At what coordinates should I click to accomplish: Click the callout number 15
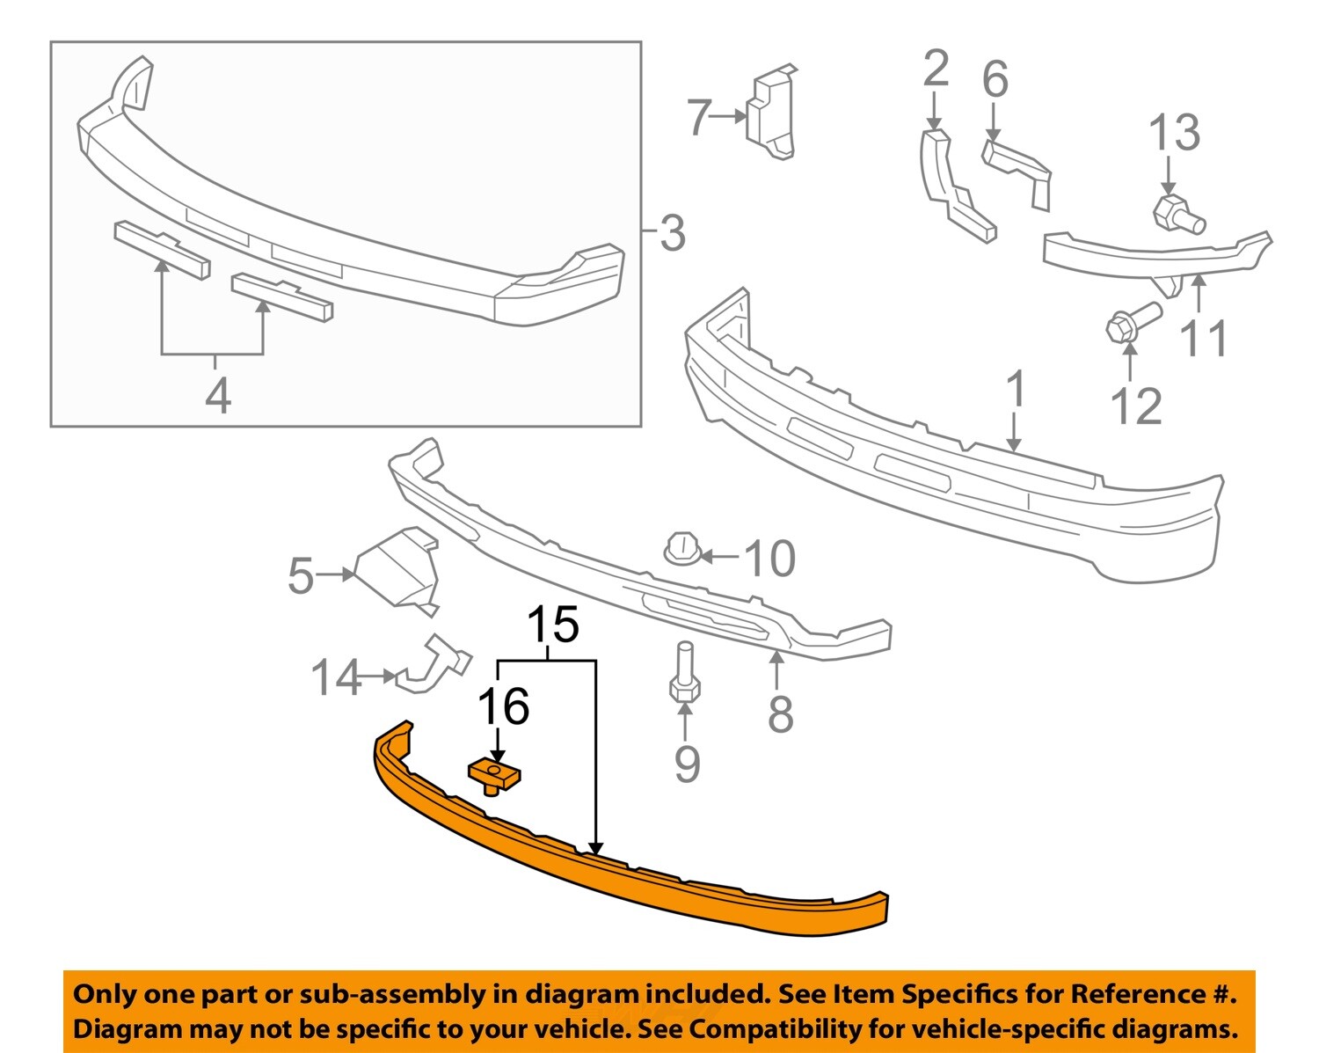(x=553, y=625)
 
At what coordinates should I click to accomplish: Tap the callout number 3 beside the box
(x=672, y=234)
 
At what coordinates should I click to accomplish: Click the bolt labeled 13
(x=1177, y=214)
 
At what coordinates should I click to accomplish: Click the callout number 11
(x=1203, y=338)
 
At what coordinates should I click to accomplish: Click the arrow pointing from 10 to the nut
(x=719, y=557)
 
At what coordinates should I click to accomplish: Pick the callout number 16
(x=503, y=706)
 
